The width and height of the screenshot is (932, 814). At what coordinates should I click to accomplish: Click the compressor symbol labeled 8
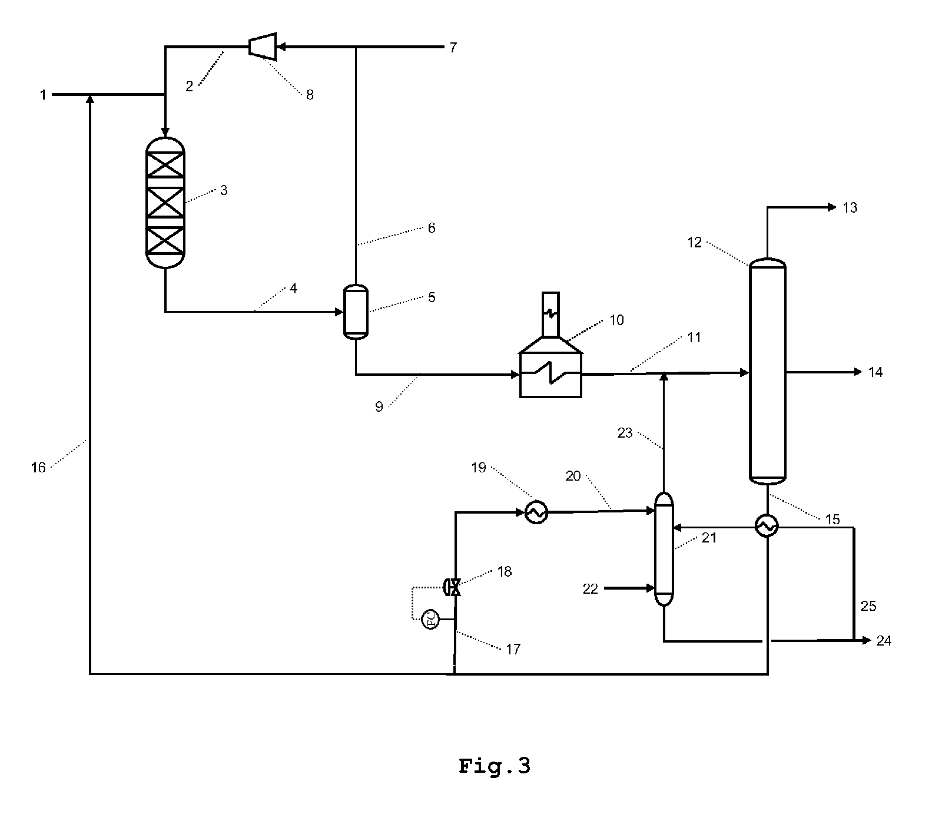[x=263, y=46]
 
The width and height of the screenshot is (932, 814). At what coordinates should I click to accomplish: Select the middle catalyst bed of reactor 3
[x=165, y=203]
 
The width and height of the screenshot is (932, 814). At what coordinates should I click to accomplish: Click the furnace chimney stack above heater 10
[x=550, y=314]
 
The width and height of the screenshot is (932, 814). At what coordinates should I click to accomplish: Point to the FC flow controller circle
[x=431, y=619]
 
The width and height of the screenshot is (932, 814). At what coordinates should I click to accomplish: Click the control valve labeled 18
[x=453, y=587]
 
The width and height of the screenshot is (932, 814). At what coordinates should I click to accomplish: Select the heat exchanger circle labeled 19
[x=536, y=512]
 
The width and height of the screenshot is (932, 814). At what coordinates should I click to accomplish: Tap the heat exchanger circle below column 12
[x=767, y=526]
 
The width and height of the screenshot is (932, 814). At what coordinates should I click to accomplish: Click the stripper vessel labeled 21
[x=664, y=550]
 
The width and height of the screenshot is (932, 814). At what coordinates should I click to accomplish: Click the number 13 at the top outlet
[x=850, y=207]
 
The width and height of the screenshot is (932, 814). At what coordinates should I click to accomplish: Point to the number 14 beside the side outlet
[x=875, y=372]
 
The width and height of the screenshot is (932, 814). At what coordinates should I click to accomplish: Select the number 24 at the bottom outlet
[x=884, y=641]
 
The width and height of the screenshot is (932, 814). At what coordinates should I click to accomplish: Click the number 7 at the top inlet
[x=453, y=47]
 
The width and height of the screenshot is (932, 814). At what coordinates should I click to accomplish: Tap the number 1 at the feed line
[x=43, y=94]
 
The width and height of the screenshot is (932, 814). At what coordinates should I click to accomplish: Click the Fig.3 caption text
[x=495, y=766]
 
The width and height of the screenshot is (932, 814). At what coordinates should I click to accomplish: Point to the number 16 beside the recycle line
[x=38, y=468]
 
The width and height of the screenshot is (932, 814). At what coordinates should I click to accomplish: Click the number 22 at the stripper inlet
[x=591, y=588]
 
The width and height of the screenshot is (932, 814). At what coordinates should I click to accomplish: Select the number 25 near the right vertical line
[x=868, y=606]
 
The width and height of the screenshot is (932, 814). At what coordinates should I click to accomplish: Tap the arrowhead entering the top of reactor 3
[x=165, y=131]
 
